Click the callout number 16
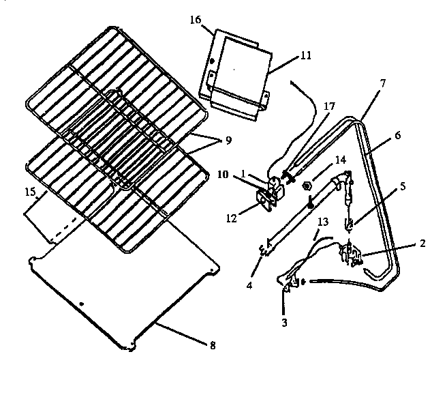[x=195, y=20]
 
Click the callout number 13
[x=323, y=222]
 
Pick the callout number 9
[x=228, y=141]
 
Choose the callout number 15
[x=31, y=194]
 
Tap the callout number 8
[x=213, y=346]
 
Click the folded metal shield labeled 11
[x=238, y=75]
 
